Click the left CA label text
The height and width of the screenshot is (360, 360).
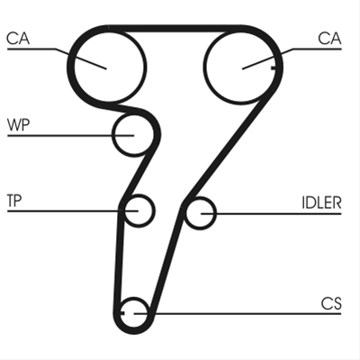[x=18, y=39]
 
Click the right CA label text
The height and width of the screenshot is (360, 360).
[x=329, y=39]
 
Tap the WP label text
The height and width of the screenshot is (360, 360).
[x=19, y=125]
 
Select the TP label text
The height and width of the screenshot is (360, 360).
[x=14, y=201]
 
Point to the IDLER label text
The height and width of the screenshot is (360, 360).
[x=321, y=202]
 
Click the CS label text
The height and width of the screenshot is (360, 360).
[x=331, y=303]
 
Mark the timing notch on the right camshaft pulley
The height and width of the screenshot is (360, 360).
[x=273, y=68]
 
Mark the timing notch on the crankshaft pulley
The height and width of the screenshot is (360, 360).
[x=122, y=313]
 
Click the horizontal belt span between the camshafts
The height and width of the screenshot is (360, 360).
[x=175, y=28]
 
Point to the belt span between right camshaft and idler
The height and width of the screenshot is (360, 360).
[x=229, y=147]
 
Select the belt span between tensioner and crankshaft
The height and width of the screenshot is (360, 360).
[x=118, y=258]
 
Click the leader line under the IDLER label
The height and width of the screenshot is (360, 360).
[x=271, y=213]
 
